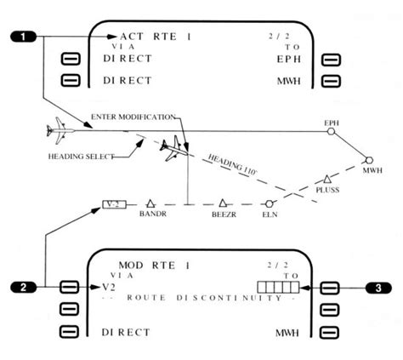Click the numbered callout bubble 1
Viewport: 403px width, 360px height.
[25, 37]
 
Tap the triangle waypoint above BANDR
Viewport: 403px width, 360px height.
[149, 204]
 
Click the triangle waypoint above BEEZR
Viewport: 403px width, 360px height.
[223, 203]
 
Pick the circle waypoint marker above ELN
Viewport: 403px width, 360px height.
[270, 204]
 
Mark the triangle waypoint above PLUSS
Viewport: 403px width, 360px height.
[326, 179]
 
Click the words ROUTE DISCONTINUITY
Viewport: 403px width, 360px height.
[201, 300]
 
